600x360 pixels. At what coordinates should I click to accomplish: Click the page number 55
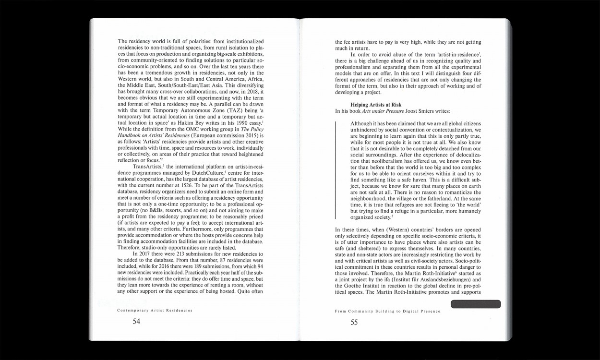(x=354, y=323)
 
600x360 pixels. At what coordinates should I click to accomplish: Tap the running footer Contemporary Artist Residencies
(x=155, y=311)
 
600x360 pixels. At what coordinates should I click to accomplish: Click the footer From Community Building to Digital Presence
(x=387, y=312)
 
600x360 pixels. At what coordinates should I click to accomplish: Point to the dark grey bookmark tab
(x=475, y=304)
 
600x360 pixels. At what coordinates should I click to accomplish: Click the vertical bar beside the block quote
(x=336, y=170)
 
